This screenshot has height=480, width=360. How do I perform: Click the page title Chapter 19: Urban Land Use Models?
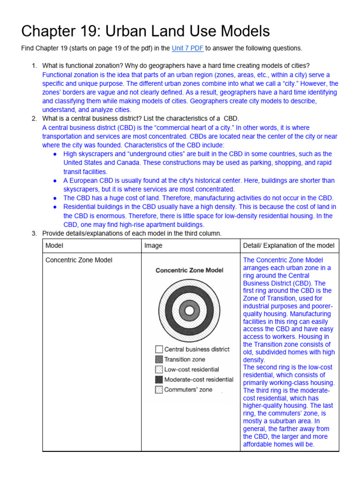(x=146, y=31)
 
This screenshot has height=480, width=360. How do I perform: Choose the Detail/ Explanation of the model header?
(x=289, y=246)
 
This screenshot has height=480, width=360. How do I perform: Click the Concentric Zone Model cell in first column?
(x=79, y=260)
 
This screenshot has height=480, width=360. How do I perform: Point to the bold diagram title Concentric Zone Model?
(x=189, y=270)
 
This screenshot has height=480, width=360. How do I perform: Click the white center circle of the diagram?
(x=189, y=310)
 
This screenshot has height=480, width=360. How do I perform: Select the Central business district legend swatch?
(x=159, y=349)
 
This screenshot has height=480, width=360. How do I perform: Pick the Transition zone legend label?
(x=185, y=360)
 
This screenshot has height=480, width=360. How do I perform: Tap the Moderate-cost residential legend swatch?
(x=159, y=380)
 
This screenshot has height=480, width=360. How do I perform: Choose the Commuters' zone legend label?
(x=188, y=390)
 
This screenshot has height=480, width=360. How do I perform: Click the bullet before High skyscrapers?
(x=55, y=154)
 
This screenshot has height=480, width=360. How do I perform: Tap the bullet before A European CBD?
(x=55, y=181)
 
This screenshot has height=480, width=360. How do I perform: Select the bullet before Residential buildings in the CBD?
(x=55, y=207)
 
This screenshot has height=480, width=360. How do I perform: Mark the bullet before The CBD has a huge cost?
(x=55, y=198)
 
